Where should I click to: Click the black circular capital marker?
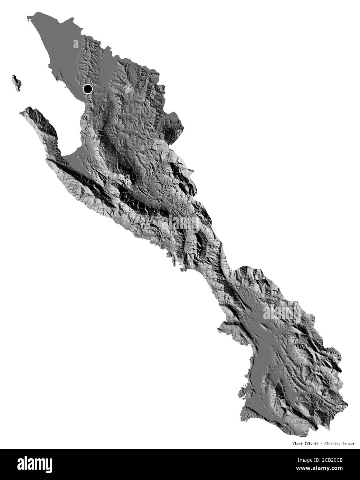point(88,89)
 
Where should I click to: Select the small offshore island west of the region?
point(16,83)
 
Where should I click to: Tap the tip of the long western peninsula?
point(22,111)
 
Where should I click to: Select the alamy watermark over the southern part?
point(282,313)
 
